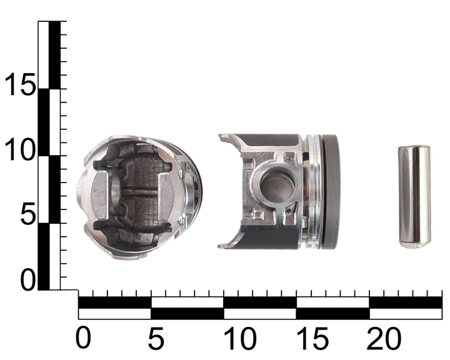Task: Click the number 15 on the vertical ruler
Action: [x=20, y=84]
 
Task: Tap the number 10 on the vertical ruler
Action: [x=20, y=150]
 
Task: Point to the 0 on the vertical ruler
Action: [x=27, y=280]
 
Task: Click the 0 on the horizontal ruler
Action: [x=83, y=337]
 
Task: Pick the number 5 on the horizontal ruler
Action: [x=156, y=337]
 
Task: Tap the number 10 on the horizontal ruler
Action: [x=240, y=337]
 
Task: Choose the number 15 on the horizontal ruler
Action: [x=312, y=337]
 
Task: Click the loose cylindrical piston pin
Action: [x=414, y=197]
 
